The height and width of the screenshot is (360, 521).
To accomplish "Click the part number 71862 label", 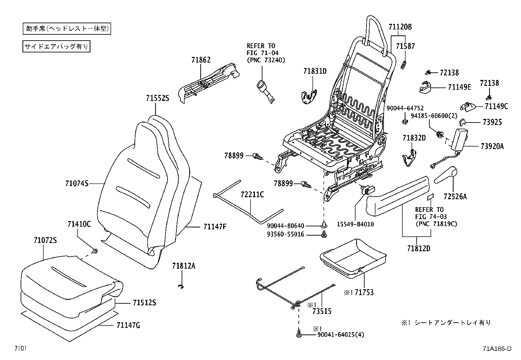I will (x=201, y=60).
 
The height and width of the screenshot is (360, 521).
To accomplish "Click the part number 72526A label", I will (x=455, y=197).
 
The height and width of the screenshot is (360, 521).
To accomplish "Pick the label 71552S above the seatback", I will (x=158, y=98).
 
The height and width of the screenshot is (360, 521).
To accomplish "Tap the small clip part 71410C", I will (x=95, y=251).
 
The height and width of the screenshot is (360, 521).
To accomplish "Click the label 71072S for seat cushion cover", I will (x=45, y=240).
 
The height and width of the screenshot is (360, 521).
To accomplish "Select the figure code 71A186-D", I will (x=496, y=349).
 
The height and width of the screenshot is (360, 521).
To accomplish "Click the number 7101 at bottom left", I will (x=20, y=349).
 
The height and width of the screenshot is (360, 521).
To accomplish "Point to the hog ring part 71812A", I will (x=180, y=287).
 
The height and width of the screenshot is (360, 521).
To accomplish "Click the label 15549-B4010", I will (x=355, y=224).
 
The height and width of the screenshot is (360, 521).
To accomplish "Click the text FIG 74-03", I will (x=431, y=217).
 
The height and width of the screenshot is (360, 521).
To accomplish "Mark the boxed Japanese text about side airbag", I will (x=56, y=46).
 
